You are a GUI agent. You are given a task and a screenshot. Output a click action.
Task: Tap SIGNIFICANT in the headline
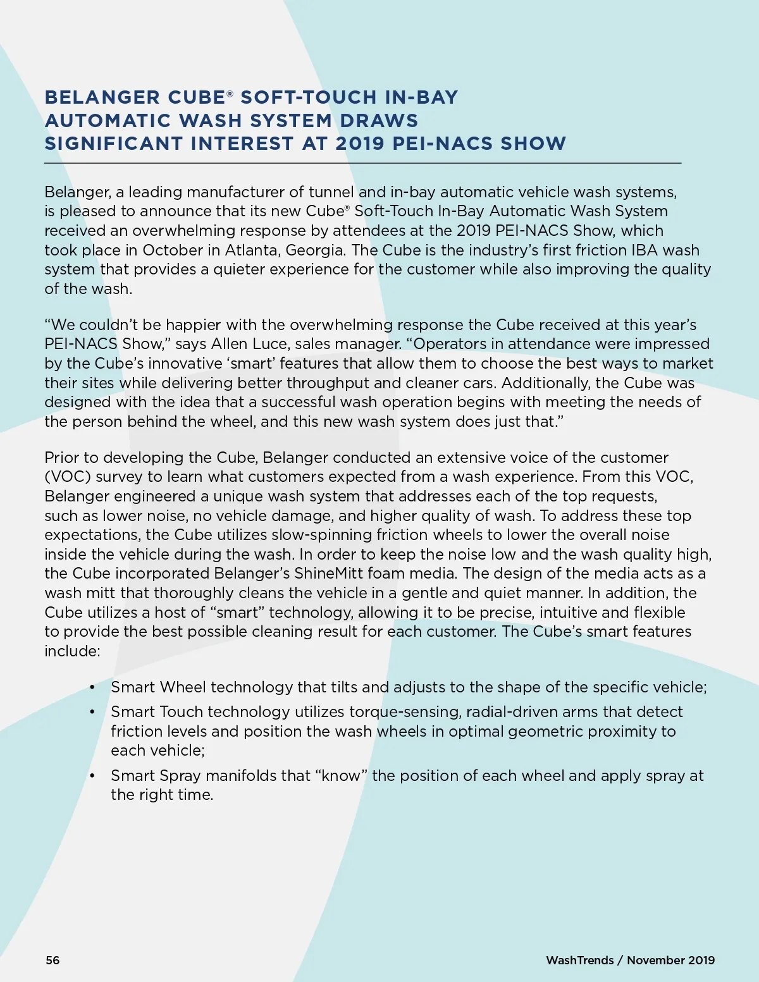click(x=114, y=144)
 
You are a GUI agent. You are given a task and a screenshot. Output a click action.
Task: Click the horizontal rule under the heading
click(x=362, y=163)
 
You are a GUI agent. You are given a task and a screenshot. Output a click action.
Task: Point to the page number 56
click(x=52, y=960)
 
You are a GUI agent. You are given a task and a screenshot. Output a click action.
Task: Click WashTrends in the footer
click(x=579, y=960)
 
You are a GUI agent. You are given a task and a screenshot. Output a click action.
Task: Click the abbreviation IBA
click(x=645, y=250)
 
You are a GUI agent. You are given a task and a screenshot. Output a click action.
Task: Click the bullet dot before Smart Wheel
click(x=92, y=687)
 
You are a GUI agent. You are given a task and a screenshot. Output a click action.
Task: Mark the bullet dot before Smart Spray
click(x=92, y=776)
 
